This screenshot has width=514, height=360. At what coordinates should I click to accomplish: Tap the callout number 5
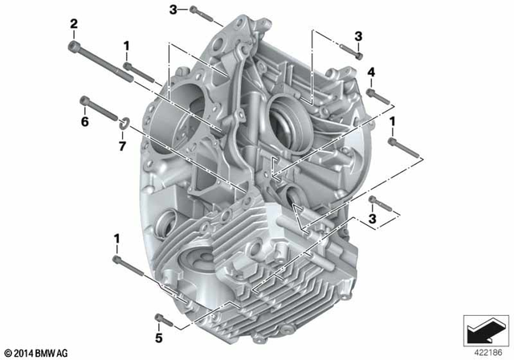click(159, 328)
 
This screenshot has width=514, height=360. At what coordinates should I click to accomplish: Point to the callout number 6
click(84, 121)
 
